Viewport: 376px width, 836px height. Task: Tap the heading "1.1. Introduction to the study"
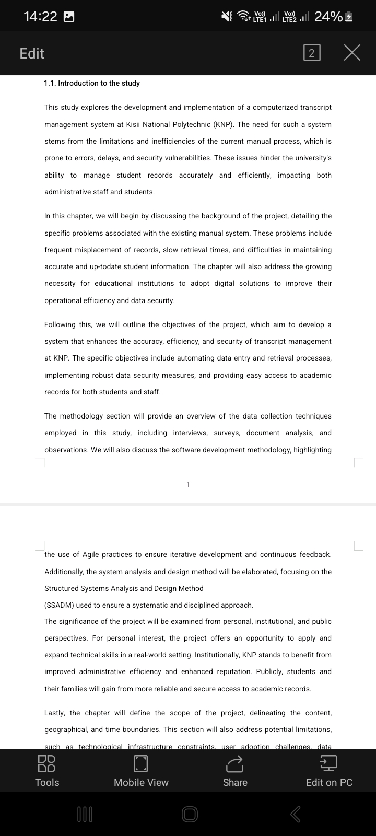92,83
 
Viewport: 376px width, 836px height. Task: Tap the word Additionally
64,572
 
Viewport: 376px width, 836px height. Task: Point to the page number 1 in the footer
188,485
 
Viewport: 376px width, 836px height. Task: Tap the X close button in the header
352,53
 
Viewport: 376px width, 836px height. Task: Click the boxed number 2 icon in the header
311,53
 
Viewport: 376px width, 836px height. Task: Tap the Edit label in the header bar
32,53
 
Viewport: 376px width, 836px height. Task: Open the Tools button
47,771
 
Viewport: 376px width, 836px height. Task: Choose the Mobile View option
141,771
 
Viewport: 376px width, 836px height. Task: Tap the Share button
235,771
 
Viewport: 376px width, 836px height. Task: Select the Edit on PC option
329,771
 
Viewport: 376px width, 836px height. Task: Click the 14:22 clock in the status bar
41,17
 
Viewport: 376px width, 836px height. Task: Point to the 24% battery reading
328,17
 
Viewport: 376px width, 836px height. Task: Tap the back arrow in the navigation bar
295,814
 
